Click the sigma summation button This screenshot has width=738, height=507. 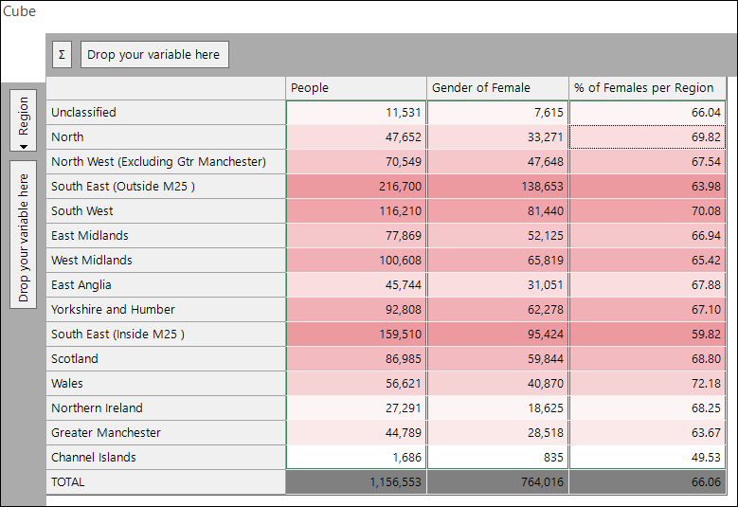pyautogui.click(x=62, y=55)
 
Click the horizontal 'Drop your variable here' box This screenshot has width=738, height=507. pyautogui.click(x=154, y=55)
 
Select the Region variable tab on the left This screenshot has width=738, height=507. pyautogui.click(x=23, y=120)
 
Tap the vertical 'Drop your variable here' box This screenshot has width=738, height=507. pyautogui.click(x=23, y=234)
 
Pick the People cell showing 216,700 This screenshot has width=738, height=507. pyautogui.click(x=356, y=187)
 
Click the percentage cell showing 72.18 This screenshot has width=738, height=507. pyautogui.click(x=647, y=383)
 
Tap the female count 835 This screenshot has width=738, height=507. pyautogui.click(x=497, y=457)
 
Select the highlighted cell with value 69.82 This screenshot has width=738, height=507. pyautogui.click(x=647, y=137)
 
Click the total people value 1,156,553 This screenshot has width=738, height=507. pyautogui.click(x=356, y=482)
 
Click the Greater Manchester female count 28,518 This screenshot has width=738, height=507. pyautogui.click(x=497, y=433)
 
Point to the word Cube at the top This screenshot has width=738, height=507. pyautogui.click(x=19, y=11)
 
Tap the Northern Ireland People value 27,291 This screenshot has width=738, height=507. pyautogui.click(x=356, y=407)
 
